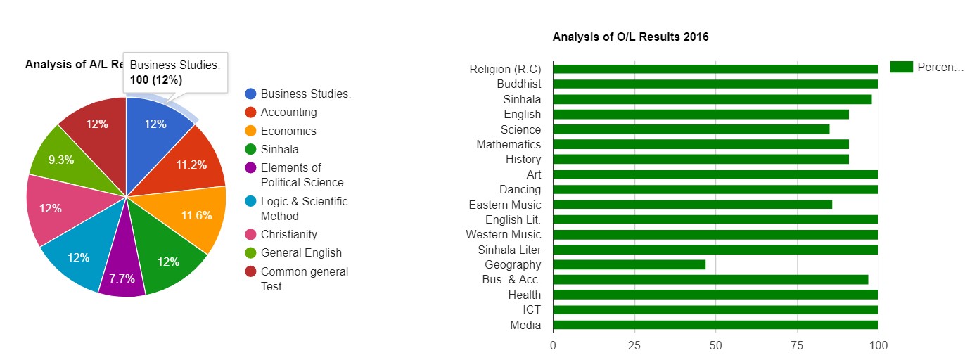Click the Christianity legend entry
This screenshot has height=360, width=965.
pyautogui.click(x=288, y=234)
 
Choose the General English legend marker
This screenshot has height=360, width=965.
pyautogui.click(x=250, y=252)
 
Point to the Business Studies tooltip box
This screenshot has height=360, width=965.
pyautogui.click(x=175, y=72)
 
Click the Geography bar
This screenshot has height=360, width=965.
pyautogui.click(x=629, y=264)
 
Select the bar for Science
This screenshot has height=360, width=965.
pyautogui.click(x=691, y=129)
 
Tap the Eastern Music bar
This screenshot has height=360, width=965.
pyautogui.click(x=692, y=205)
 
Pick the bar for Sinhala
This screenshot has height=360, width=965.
pyautogui.click(x=712, y=99)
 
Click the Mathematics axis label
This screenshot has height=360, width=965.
pyautogui.click(x=509, y=144)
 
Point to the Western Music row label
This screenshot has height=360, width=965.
pyautogui.click(x=504, y=234)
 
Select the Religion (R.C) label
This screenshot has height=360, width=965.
pyautogui.click(x=505, y=69)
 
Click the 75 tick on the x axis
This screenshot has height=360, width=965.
pyautogui.click(x=797, y=345)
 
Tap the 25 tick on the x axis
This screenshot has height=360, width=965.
pyautogui.click(x=634, y=345)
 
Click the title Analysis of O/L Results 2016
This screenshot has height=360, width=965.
pyautogui.click(x=630, y=37)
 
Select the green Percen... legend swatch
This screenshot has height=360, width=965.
pyautogui.click(x=901, y=67)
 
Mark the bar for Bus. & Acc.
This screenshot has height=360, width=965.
pyautogui.click(x=710, y=280)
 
